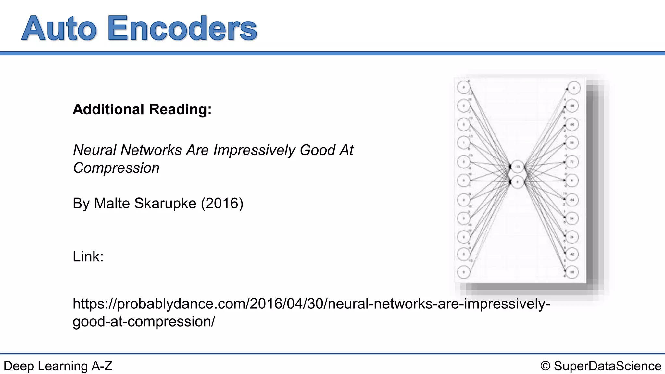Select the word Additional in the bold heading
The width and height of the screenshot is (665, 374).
(108, 109)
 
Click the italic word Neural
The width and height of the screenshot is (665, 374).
(95, 150)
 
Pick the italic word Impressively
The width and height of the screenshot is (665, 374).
(254, 150)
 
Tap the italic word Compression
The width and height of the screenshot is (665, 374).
(116, 168)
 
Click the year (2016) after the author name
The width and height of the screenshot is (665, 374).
(222, 204)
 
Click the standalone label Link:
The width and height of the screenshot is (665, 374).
(88, 257)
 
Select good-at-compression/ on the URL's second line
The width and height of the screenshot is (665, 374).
(144, 322)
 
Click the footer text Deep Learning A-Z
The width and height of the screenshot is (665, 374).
(58, 366)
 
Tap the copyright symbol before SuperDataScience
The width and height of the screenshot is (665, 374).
(546, 366)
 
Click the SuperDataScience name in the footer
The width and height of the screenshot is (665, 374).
(608, 366)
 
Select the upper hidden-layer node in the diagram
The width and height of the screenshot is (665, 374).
(518, 167)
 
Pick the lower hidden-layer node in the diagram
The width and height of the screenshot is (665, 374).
(518, 182)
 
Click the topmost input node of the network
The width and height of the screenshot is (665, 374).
(464, 87)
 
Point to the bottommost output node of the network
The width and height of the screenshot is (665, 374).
(572, 272)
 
